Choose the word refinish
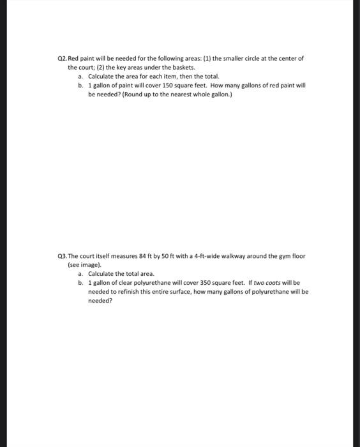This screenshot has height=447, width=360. coord(122,290)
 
